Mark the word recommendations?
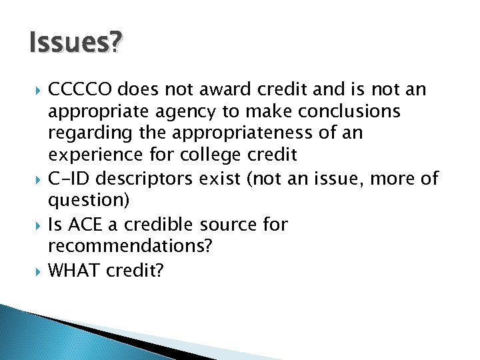[130, 247]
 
